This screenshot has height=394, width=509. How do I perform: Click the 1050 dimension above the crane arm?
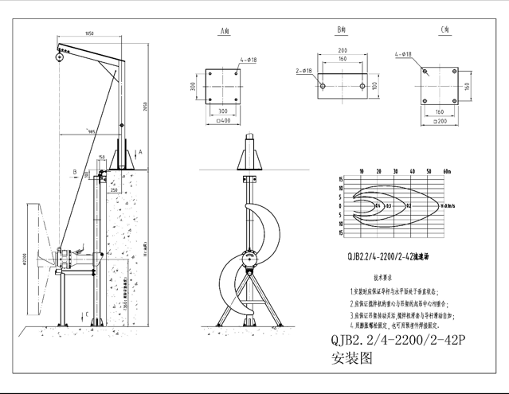(x=89, y=33)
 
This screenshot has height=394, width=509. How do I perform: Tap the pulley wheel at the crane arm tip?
(x=59, y=56)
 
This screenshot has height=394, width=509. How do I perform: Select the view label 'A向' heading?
(x=225, y=31)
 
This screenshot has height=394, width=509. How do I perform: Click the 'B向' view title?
(x=342, y=29)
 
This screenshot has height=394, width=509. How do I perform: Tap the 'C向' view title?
(x=445, y=29)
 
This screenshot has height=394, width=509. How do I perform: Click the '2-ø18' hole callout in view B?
(x=303, y=71)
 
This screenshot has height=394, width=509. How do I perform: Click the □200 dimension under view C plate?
(x=439, y=121)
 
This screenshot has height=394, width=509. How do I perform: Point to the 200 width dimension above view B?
(x=342, y=50)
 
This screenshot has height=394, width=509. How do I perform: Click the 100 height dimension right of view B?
(x=374, y=85)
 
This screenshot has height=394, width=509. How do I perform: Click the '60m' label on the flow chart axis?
(x=447, y=171)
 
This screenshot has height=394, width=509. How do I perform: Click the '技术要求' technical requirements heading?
(x=386, y=279)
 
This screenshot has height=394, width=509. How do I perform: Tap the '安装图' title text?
(x=351, y=358)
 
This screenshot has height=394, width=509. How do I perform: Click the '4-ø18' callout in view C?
(x=403, y=55)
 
